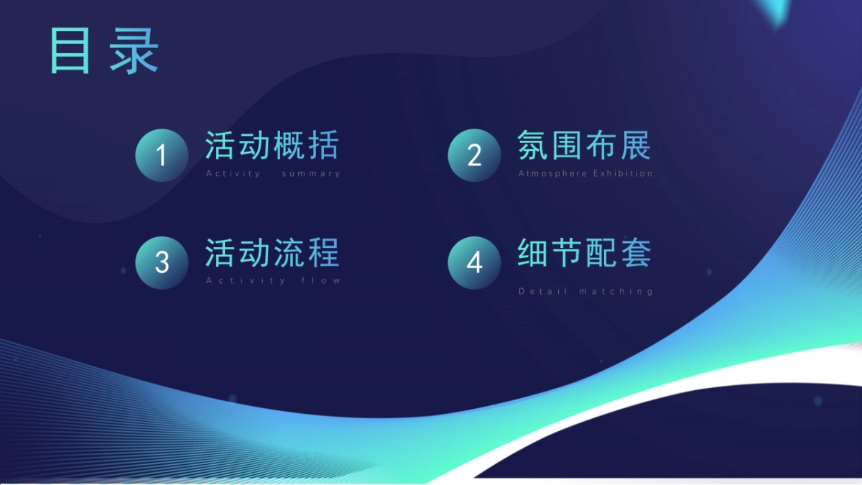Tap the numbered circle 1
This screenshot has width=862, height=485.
(162, 155)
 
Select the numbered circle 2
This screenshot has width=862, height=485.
(474, 155)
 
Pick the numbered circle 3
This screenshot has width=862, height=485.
(162, 262)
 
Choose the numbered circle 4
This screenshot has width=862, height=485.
(474, 262)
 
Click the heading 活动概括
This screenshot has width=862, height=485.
(272, 145)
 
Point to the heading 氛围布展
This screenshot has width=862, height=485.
(584, 145)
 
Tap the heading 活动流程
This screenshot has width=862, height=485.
(272, 253)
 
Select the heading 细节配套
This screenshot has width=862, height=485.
(584, 253)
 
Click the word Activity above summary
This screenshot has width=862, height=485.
(233, 173)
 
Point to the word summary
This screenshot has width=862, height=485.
(311, 173)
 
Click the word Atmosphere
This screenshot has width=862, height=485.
(552, 173)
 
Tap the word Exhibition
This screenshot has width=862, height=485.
(623, 173)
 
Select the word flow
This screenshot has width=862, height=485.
(321, 280)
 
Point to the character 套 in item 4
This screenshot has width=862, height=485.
(636, 253)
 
